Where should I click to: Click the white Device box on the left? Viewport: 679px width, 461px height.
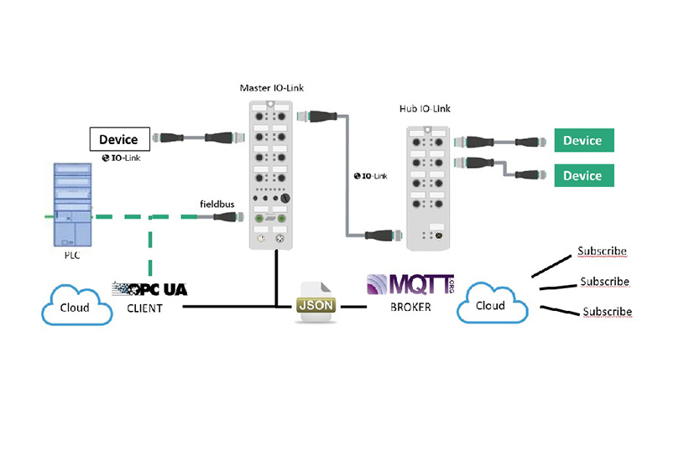tap(119, 138)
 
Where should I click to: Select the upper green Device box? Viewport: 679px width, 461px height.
tap(583, 140)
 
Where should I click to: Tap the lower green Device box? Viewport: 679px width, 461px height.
tap(583, 175)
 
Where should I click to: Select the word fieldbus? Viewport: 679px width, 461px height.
tap(217, 203)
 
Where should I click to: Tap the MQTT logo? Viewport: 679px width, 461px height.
tap(410, 283)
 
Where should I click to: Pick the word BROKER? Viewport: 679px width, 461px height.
tap(410, 307)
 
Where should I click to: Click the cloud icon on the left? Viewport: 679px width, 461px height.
tap(77, 307)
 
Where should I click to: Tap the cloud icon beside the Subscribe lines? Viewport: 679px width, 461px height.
tap(491, 305)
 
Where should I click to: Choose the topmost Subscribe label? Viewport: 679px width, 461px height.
tap(602, 251)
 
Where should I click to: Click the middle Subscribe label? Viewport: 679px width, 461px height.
tap(604, 282)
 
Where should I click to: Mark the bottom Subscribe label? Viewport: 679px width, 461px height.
tap(607, 312)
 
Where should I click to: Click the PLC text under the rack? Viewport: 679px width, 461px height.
tap(72, 256)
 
